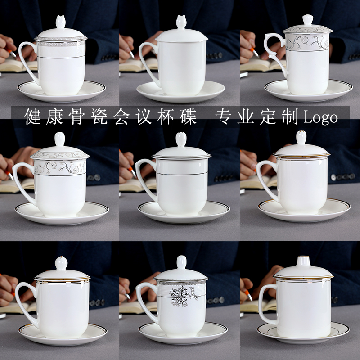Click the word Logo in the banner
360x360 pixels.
pos(321,118)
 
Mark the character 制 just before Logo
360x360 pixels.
pos(291,117)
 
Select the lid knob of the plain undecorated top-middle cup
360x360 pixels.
pos(181,22)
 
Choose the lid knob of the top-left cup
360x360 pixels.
pos(61,22)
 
